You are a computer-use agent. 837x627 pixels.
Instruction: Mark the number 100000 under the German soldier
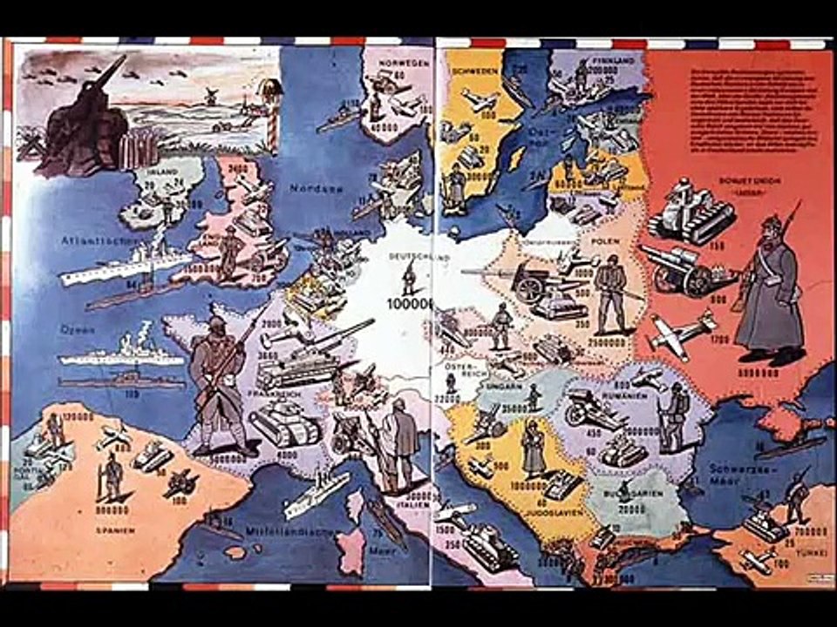407,302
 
